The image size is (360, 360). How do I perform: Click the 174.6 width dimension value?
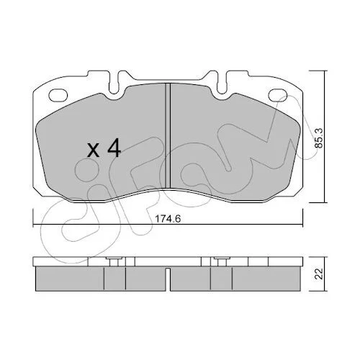coord(168,219)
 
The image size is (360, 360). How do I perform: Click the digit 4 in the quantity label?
coord(114,148)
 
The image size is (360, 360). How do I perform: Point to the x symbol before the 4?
coord(94,150)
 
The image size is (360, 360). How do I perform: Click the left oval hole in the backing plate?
coord(58,95)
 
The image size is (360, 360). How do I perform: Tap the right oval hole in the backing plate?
coord(278,95)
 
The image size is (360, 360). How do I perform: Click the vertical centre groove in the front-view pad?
coord(168,135)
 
